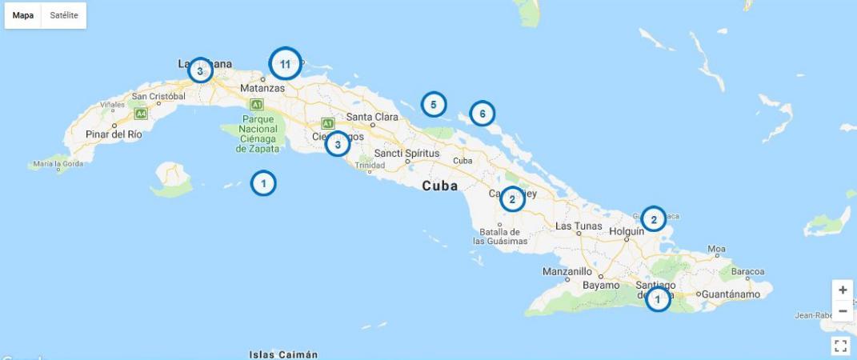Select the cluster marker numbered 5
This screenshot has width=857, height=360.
point(433,104)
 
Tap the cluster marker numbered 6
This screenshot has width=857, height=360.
point(482,114)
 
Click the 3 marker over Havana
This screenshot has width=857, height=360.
point(200,70)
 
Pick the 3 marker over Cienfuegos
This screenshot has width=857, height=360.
point(338,144)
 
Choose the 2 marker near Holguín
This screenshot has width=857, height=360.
point(653,218)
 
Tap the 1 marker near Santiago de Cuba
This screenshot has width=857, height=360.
point(658,299)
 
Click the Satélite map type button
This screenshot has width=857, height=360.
point(64,15)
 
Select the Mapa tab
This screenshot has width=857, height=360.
point(23,15)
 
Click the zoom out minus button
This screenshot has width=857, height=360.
point(842,311)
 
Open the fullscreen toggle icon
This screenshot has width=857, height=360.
point(840,346)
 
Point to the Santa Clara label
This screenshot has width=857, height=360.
point(372,117)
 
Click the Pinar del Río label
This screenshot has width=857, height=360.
point(114,134)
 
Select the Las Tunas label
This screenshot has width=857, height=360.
point(579,226)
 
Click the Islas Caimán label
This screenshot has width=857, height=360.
point(283,354)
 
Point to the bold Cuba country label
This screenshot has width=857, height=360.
point(440,186)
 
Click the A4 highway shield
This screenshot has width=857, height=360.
point(141,114)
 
